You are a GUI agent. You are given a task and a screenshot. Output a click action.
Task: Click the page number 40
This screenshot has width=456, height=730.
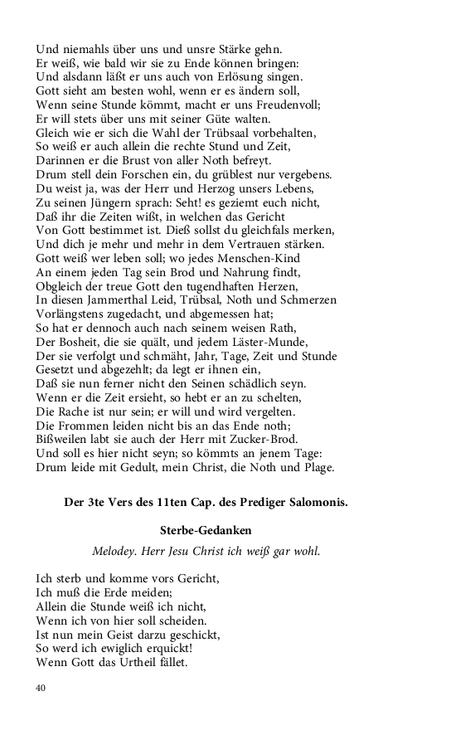(41, 688)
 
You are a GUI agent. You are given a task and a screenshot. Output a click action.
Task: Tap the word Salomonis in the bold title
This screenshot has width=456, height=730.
(317, 503)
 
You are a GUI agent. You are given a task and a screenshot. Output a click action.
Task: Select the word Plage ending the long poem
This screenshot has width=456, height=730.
(316, 468)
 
